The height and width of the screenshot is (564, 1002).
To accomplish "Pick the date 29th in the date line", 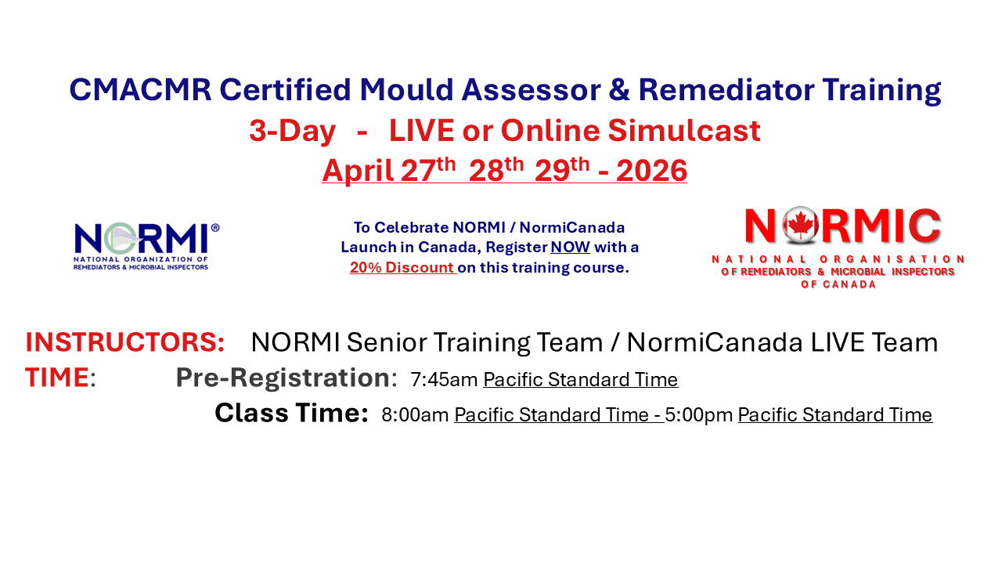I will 562,169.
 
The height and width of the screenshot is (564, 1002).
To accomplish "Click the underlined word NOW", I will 570,248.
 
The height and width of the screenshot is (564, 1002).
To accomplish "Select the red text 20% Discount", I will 402,267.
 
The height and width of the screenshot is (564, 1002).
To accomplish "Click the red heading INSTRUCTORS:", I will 125,342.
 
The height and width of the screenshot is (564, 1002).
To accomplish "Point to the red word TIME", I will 56,378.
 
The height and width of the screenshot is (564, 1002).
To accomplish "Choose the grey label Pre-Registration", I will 283,378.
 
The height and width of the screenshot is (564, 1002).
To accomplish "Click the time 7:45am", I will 444,380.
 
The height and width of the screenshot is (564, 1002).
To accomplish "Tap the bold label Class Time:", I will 291,413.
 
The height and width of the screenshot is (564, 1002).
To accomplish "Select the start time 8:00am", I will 415,415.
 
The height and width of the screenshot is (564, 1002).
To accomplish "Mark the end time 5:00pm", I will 699,415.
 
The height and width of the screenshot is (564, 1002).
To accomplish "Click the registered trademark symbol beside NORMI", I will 215,227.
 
